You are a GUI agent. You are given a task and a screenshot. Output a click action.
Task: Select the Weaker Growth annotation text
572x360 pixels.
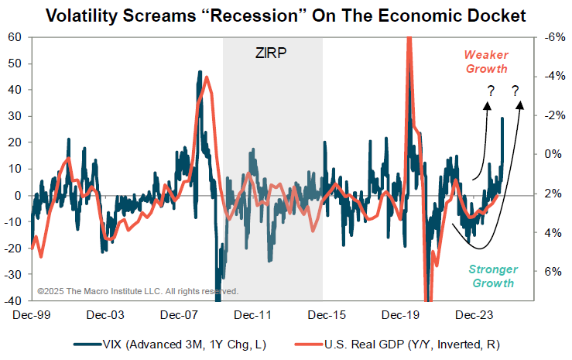pos(485,61)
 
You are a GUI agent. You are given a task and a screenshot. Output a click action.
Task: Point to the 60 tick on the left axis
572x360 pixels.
pos(14,37)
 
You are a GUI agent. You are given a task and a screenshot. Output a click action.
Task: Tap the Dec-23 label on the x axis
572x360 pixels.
pos(474,315)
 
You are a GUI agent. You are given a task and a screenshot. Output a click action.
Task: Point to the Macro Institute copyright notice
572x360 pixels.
pos(138,291)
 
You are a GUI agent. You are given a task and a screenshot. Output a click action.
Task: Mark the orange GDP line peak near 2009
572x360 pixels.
pos(206,78)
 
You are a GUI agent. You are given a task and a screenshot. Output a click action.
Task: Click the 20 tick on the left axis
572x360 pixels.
pos(14,142)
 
